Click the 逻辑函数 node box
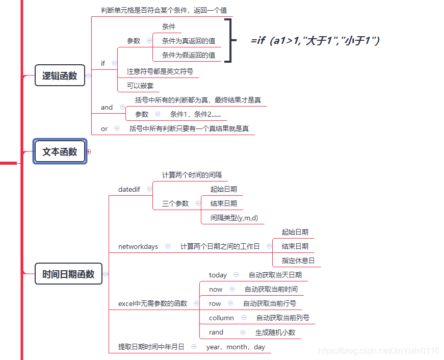pyautogui.click(x=60, y=75)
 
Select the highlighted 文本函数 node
pyautogui.click(x=60, y=151)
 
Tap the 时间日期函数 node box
pyautogui.click(x=68, y=274)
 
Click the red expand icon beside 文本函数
pyautogui.click(x=89, y=151)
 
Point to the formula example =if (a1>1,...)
pyautogui.click(x=315, y=41)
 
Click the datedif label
pyautogui.click(x=129, y=189)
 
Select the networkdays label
pyautogui.click(x=138, y=246)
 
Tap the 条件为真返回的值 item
pyautogui.click(x=188, y=41)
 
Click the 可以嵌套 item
pyautogui.click(x=140, y=86)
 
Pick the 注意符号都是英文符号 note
pyautogui.click(x=160, y=71)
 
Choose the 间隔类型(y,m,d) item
pyautogui.click(x=234, y=218)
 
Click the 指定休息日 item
pyautogui.click(x=298, y=261)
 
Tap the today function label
pyautogui.click(x=218, y=275)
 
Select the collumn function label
pyautogui.click(x=221, y=318)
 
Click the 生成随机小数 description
pyautogui.click(x=275, y=332)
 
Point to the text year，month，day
pyautogui.click(x=236, y=347)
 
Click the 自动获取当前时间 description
pyautogui.click(x=271, y=289)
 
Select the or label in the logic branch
pyautogui.click(x=104, y=128)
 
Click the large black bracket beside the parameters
pyautogui.click(x=229, y=41)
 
